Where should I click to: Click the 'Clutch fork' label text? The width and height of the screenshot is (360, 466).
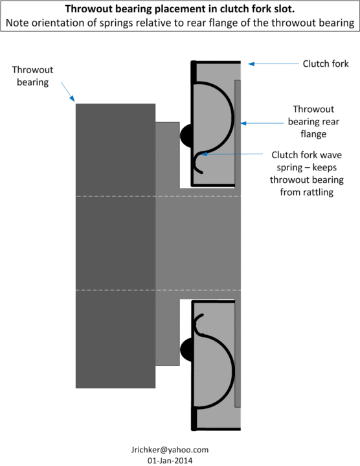[x=326, y=64]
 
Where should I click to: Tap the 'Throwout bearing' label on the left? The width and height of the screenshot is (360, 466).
[x=32, y=76]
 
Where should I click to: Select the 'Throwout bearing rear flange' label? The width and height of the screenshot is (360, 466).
[x=313, y=122]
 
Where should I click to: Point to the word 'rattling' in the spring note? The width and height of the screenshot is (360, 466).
[x=319, y=192]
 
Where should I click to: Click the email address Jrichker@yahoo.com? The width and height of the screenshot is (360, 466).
[x=170, y=450]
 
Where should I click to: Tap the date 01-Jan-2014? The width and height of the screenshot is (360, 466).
[x=170, y=461]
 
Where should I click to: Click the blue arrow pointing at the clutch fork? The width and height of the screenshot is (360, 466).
[x=273, y=64]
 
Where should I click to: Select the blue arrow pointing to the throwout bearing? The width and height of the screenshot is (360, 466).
[x=68, y=92]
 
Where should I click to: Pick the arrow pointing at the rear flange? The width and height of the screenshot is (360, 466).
[x=262, y=123]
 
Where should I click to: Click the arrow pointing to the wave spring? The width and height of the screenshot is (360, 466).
[x=232, y=154]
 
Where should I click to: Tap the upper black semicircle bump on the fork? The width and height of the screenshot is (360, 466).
[x=186, y=135]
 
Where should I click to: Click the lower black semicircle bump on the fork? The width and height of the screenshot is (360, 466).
[x=186, y=350]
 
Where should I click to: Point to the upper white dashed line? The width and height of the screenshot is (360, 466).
[x=158, y=196]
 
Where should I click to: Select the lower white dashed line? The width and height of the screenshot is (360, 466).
[x=158, y=290]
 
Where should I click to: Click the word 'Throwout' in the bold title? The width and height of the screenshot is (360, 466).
[x=89, y=9]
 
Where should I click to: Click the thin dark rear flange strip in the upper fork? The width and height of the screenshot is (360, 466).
[x=238, y=134]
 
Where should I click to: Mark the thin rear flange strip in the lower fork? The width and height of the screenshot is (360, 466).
[x=238, y=354]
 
